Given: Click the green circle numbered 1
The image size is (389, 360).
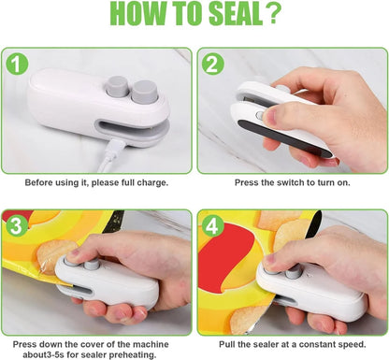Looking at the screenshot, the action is (x=17, y=64).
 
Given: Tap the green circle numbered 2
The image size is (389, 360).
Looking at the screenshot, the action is (x=213, y=64).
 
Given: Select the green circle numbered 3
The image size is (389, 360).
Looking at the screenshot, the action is (x=16, y=226).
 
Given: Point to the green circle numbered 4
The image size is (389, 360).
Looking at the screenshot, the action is (x=212, y=226).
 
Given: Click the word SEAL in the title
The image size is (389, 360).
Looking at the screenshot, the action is (x=236, y=14).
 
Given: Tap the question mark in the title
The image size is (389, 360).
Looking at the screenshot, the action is (x=274, y=14).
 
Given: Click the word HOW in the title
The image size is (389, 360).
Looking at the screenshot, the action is (x=138, y=14).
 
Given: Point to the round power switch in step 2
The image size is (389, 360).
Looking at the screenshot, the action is (x=259, y=116).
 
